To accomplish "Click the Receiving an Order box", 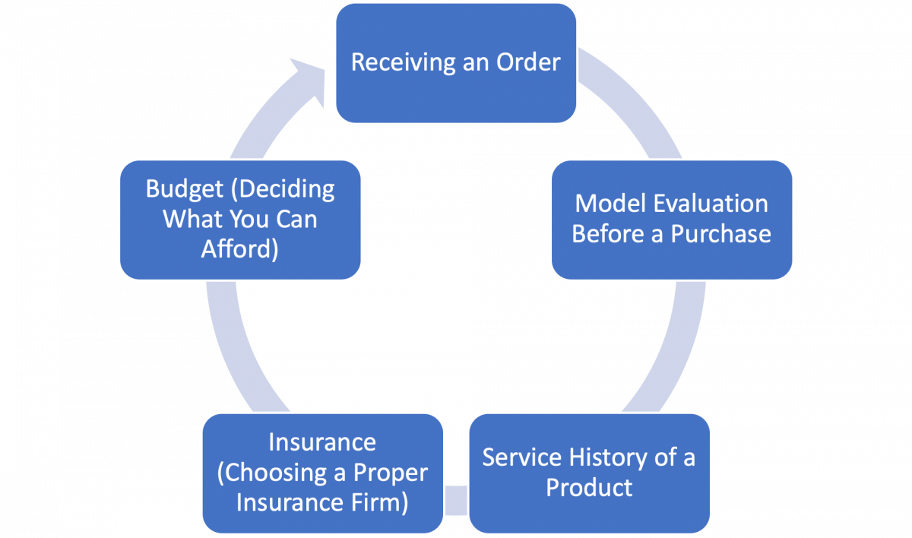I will click(456, 63).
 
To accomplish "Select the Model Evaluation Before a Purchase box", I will click(672, 220).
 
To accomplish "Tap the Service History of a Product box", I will click(589, 472).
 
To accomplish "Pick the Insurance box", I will click(322, 472).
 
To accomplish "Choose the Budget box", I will click(240, 220).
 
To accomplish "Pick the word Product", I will click(589, 487).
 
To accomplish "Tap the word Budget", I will click(179, 189).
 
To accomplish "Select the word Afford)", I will click(240, 249).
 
